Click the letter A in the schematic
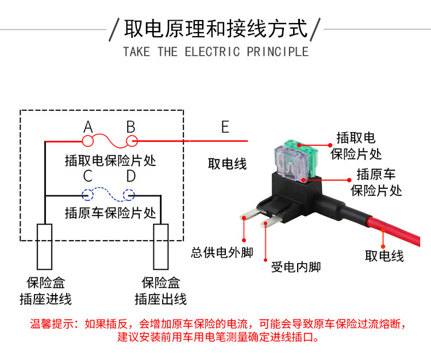(88, 126)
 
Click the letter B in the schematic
(130, 126)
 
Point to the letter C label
(88, 176)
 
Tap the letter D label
(130, 176)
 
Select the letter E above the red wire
(225, 126)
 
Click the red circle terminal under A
(88, 140)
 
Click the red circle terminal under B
(130, 140)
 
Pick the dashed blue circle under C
(88, 195)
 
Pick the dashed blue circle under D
(130, 195)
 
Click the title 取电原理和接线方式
(216, 28)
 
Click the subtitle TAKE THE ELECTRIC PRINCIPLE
(215, 52)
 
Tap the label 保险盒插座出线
(161, 291)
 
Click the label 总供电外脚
(222, 253)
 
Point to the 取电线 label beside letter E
(227, 164)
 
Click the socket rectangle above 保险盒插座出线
(160, 246)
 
